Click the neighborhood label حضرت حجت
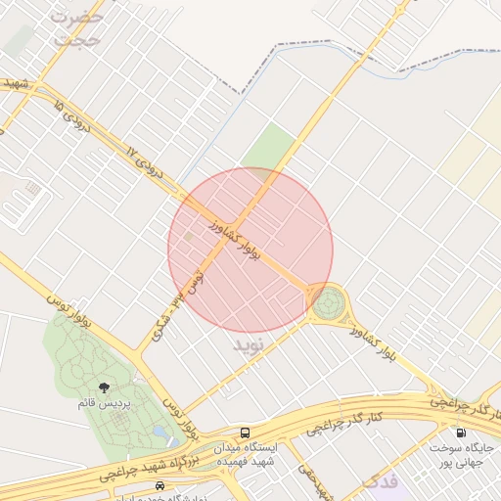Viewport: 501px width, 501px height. pyautogui.click(x=77, y=28)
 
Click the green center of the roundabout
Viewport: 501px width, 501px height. pyautogui.click(x=329, y=303)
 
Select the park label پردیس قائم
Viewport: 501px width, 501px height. pyautogui.click(x=105, y=401)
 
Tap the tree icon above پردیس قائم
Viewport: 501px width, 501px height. pyautogui.click(x=104, y=387)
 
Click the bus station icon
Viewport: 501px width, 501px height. pyautogui.click(x=244, y=433)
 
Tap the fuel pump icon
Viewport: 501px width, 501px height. pyautogui.click(x=459, y=433)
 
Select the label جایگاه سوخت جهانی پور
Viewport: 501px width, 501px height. pyautogui.click(x=460, y=453)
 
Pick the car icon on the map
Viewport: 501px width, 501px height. pyautogui.click(x=159, y=485)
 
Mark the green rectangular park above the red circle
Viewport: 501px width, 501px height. pyautogui.click(x=268, y=147)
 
